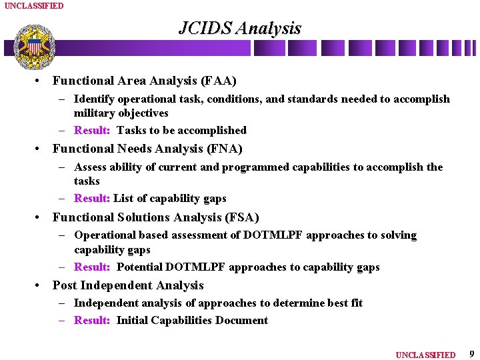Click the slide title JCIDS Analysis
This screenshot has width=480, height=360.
239,28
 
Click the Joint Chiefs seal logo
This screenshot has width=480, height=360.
35,47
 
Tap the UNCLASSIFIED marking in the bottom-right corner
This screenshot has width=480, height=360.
425,355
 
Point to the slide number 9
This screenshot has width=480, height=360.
471,354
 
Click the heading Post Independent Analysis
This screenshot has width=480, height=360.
128,285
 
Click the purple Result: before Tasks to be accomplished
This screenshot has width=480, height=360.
92,131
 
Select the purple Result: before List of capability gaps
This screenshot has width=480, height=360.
92,199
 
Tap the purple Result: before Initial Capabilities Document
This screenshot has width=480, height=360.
92,321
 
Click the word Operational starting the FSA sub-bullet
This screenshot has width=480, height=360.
105,235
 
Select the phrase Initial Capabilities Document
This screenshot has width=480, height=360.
192,321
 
